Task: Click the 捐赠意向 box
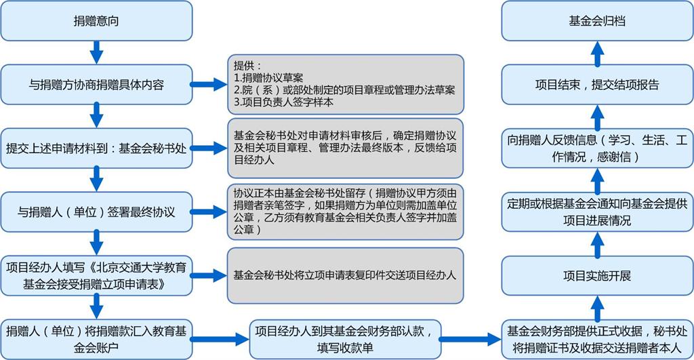96,21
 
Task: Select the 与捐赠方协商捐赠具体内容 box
96,85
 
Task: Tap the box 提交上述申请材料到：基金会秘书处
96,148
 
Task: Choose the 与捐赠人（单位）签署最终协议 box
96,212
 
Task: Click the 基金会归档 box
598,21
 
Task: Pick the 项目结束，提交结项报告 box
598,85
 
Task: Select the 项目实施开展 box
598,276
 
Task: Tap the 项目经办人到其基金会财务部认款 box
345,340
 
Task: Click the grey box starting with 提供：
346,85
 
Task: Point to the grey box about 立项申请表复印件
346,276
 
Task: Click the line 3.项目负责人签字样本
284,102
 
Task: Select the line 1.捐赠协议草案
268,78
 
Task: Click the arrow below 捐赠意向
96,53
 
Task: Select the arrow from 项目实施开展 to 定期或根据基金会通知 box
598,245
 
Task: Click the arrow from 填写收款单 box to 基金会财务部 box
470,340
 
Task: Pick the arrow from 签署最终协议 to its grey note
209,212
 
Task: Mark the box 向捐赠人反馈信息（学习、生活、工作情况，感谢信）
598,148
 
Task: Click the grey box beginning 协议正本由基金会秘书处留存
346,212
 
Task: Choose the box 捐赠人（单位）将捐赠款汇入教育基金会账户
96,340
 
